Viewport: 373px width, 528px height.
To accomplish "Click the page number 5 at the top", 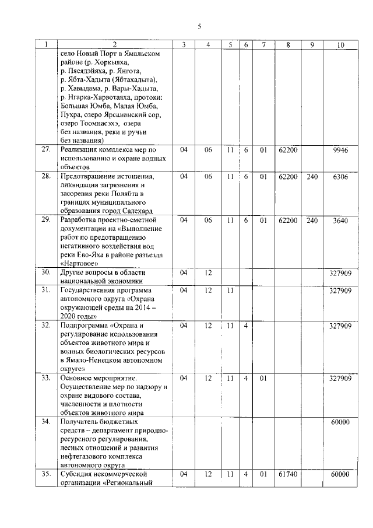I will click(199, 26).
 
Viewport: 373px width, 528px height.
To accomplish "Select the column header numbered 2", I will click(114, 44).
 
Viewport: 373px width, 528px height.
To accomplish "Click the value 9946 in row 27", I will click(340, 150).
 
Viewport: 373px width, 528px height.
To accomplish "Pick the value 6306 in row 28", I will click(340, 176).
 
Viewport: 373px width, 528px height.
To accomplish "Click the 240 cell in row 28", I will click(312, 176).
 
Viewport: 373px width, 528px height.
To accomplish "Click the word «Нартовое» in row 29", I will click(82, 264).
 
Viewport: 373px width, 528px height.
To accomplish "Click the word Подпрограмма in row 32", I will click(85, 325).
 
